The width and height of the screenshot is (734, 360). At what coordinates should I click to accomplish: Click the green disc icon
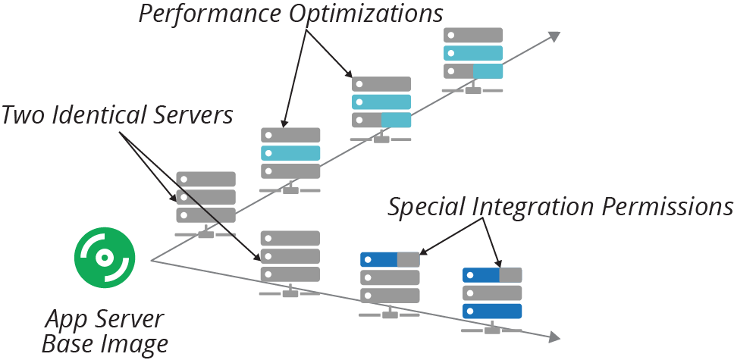[x=105, y=258]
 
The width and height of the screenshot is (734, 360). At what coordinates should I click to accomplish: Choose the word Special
[x=426, y=207]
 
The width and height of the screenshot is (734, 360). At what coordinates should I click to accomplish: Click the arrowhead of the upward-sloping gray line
[x=554, y=35]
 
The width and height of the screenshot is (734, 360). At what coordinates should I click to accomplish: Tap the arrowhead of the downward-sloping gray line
[x=554, y=337]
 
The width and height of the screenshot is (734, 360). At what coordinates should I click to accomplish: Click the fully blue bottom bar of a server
[x=492, y=311]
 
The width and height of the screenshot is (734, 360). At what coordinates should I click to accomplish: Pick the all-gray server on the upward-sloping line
[x=206, y=197]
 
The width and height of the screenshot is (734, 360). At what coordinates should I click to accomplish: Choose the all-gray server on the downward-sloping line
[x=290, y=257]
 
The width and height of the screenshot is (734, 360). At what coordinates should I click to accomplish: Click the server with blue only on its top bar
[x=390, y=277]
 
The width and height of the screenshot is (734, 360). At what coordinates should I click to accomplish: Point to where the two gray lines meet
[x=152, y=261]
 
